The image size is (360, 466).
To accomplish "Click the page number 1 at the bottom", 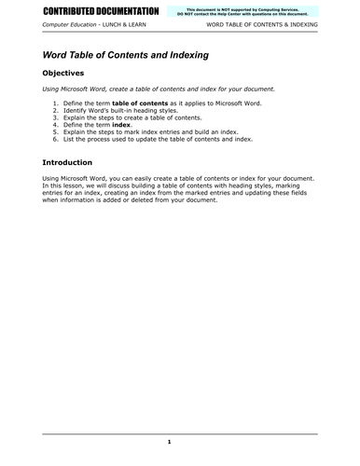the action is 169,441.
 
